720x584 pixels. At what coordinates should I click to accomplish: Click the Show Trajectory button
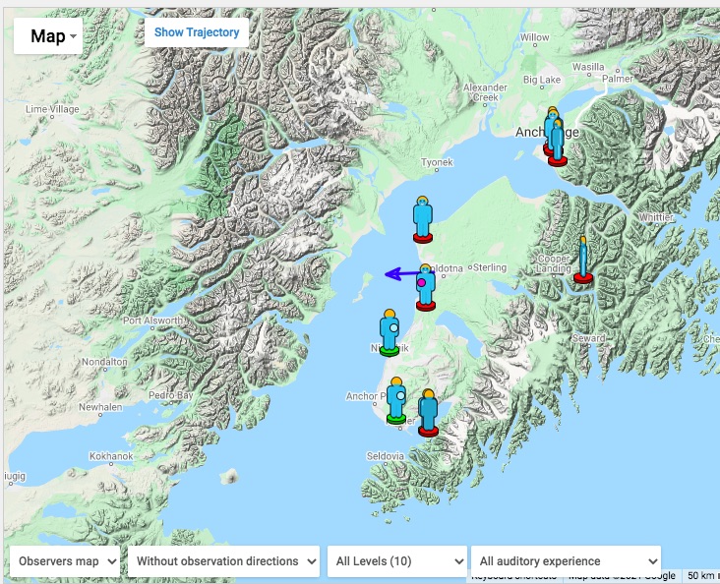[x=197, y=32]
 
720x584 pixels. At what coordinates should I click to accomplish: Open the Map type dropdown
[x=47, y=36]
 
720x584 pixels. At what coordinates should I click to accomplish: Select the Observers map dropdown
[x=65, y=561]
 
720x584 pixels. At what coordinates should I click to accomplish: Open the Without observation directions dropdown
[x=223, y=561]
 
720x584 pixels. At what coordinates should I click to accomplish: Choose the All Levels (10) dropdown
[x=396, y=561]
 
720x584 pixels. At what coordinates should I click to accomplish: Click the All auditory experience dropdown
[x=566, y=561]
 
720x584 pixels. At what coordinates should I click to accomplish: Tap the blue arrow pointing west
[x=397, y=274]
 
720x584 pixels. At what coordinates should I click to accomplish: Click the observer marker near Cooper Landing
[x=583, y=261]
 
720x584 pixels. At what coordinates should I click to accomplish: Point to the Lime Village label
[x=52, y=109]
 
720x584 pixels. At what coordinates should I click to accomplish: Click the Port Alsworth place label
[x=151, y=321]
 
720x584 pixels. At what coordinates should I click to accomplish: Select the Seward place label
[x=589, y=338]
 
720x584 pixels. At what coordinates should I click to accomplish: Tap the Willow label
[x=535, y=37]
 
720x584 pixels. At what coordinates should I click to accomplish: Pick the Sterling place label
[x=490, y=267]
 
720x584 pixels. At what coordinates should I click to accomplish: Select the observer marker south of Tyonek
[x=423, y=219]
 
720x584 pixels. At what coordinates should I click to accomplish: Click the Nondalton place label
[x=104, y=362]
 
